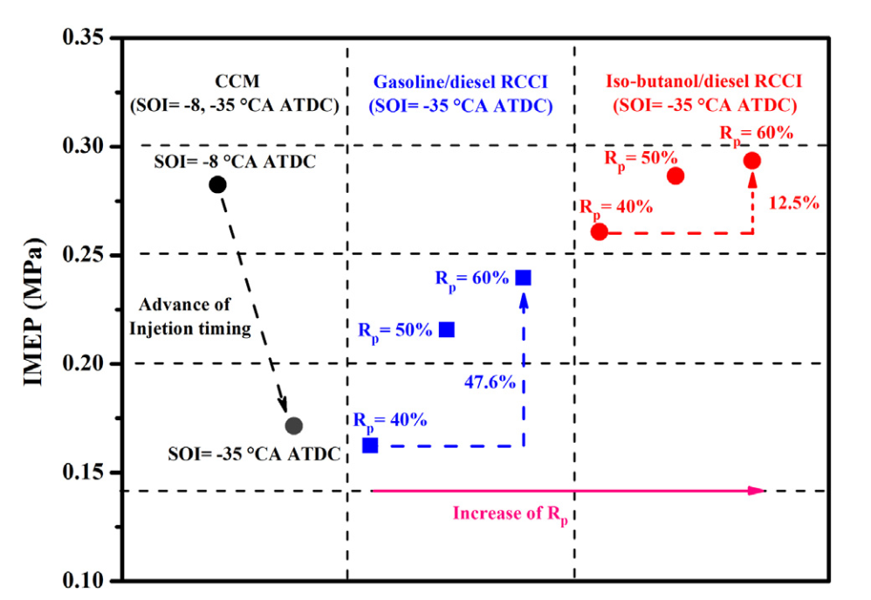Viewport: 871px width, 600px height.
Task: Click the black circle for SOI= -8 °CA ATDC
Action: coord(217,184)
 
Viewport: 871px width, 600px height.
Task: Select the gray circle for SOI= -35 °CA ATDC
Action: coord(294,426)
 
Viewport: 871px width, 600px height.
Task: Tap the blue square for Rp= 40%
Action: coord(370,445)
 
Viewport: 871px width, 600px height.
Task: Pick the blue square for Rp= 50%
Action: coord(447,329)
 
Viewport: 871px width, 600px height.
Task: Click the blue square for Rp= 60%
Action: coord(524,278)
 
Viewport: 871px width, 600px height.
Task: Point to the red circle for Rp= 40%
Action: coord(600,232)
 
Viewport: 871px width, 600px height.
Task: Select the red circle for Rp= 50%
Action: coord(676,176)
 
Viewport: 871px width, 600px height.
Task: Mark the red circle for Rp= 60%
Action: coord(752,160)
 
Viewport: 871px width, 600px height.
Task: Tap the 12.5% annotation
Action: coord(793,203)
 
